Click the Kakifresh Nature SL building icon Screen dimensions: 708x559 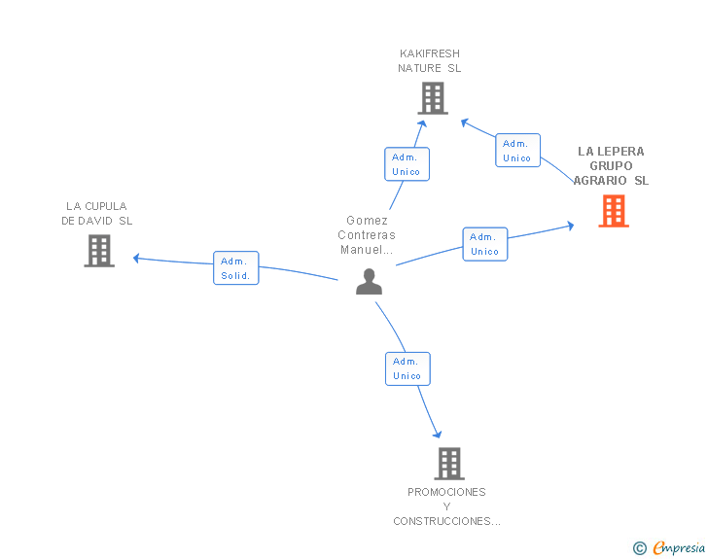(433, 98)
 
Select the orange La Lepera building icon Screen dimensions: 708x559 (614, 211)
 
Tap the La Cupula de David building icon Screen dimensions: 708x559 (99, 251)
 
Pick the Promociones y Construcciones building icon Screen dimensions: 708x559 (449, 464)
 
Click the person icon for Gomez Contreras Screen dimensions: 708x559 (369, 282)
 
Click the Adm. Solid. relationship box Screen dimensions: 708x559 (235, 267)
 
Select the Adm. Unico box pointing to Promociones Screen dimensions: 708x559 (407, 368)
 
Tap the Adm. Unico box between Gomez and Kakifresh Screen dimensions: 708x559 (407, 164)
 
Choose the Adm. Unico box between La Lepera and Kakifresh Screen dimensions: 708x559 (517, 151)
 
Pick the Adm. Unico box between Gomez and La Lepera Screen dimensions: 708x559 (485, 244)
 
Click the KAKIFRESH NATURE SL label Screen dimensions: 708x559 (430, 61)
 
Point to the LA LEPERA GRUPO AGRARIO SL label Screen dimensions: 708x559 (611, 165)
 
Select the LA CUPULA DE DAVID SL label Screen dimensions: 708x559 (96, 214)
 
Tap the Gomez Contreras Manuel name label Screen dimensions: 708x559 (367, 235)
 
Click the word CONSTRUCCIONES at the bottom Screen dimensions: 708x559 (446, 521)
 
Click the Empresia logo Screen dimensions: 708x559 (679, 547)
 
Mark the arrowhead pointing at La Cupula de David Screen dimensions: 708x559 (136, 258)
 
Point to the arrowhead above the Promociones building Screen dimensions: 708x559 (437, 434)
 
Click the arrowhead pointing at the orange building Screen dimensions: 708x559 (571, 226)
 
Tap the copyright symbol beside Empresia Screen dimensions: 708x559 (639, 548)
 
